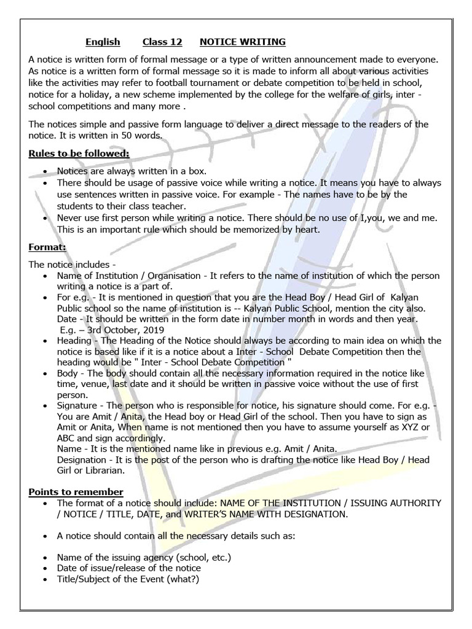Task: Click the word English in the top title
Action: click(103, 42)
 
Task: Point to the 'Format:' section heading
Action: click(47, 248)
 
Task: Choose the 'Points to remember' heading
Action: click(76, 492)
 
